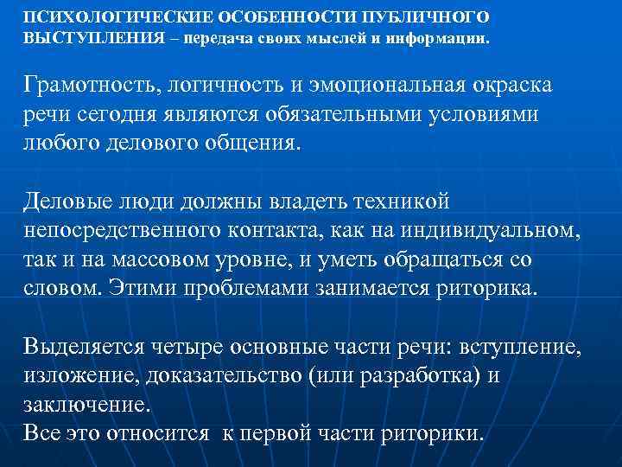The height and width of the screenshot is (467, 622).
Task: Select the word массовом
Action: pyautogui.click(x=181, y=259)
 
